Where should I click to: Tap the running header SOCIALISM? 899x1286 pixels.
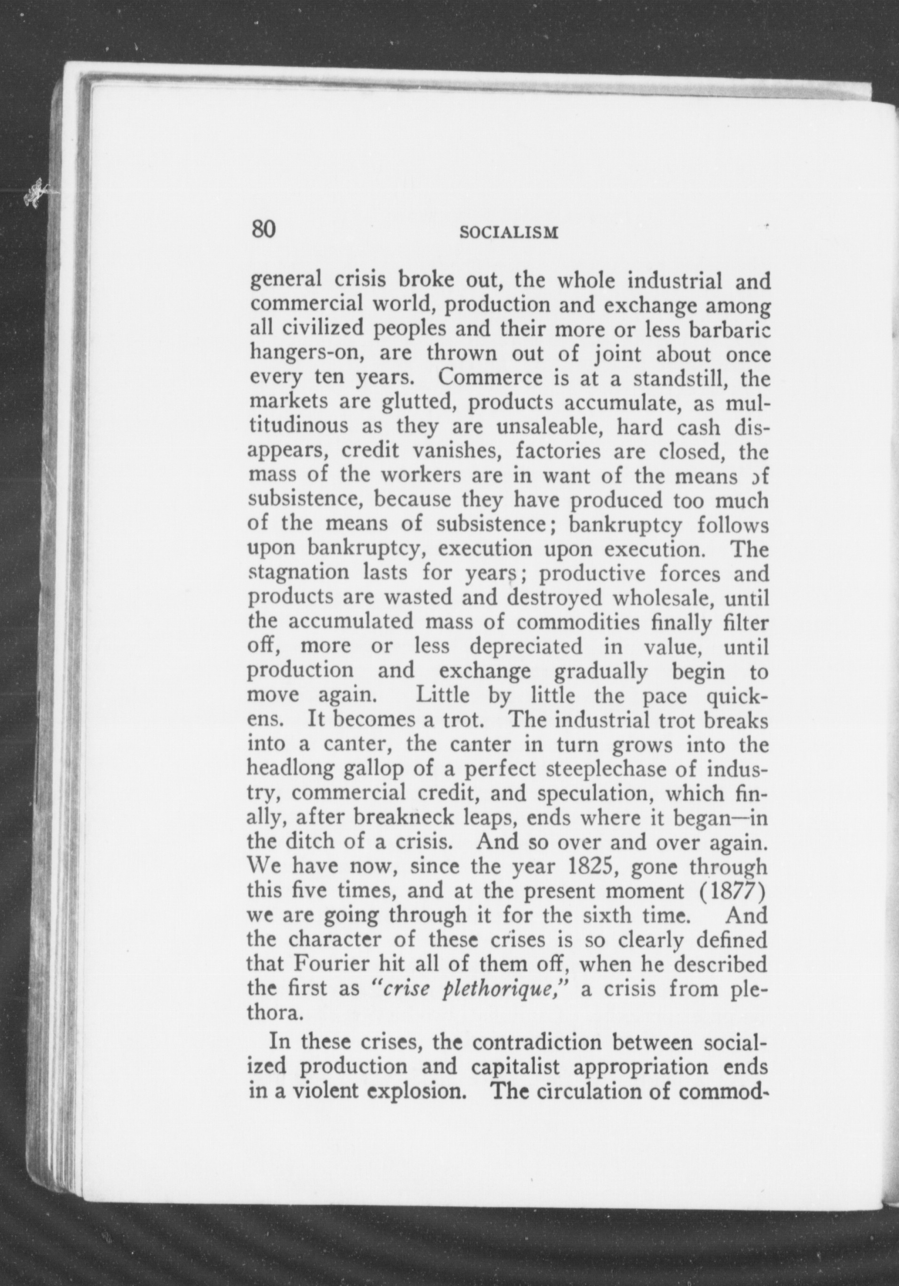pyautogui.click(x=509, y=233)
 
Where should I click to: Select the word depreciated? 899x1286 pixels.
pyautogui.click(x=526, y=646)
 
